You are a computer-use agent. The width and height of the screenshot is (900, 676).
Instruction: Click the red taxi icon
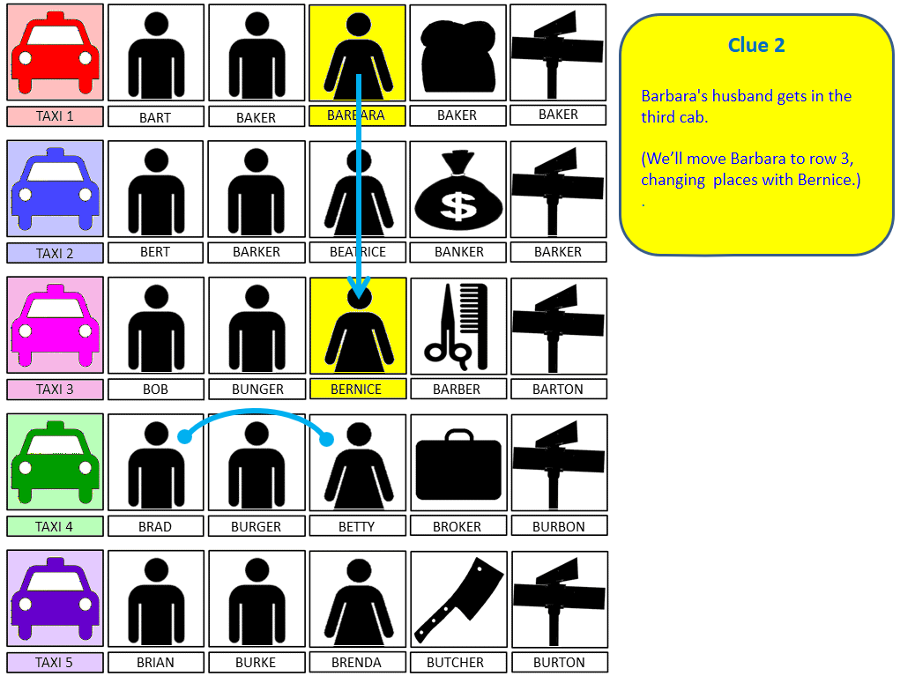(x=56, y=53)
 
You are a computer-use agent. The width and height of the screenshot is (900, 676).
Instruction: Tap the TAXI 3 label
(x=56, y=389)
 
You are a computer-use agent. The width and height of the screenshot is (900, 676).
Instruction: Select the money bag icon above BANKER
(x=458, y=189)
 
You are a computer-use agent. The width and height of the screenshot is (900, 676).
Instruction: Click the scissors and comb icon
(x=457, y=326)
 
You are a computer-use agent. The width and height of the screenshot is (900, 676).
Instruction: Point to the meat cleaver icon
(x=458, y=599)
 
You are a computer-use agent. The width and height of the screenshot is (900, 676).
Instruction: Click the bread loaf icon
(x=458, y=56)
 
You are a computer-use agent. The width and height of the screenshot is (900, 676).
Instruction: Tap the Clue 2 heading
(x=756, y=45)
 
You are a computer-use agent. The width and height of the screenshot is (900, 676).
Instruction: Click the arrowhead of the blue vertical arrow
(x=359, y=287)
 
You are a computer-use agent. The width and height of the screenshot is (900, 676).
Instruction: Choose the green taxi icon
(x=56, y=462)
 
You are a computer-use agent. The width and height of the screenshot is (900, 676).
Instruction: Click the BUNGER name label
(x=257, y=389)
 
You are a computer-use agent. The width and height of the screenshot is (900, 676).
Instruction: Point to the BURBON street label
(x=559, y=526)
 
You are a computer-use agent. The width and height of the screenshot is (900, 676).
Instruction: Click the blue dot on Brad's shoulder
(x=184, y=436)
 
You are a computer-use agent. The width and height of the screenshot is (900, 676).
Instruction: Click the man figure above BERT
(x=156, y=191)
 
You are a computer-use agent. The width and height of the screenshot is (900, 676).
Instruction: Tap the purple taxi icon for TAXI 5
(x=56, y=598)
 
